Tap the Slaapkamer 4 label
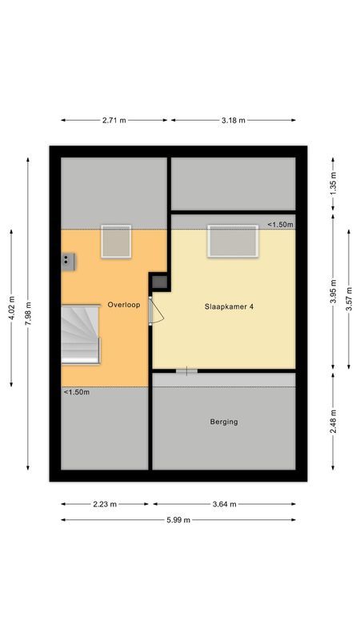225,306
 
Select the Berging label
224,422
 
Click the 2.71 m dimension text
114,120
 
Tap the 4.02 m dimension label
10,309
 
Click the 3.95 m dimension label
332,292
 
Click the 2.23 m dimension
104,504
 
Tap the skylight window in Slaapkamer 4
233,242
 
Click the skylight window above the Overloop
115,242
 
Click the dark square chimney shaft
160,282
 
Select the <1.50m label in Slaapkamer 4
280,225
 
